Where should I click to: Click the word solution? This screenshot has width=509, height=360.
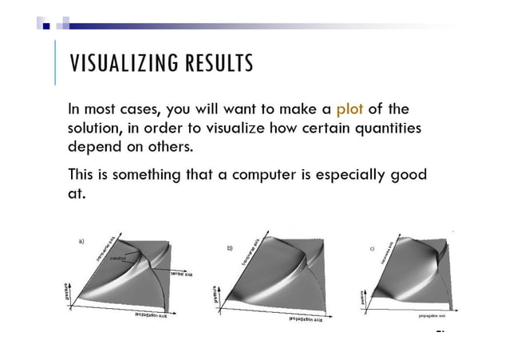[97, 128]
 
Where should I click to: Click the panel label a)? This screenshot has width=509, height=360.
[81, 239]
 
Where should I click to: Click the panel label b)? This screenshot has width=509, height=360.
[230, 248]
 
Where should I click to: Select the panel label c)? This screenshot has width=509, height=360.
[372, 248]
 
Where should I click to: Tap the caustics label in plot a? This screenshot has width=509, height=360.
[118, 258]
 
